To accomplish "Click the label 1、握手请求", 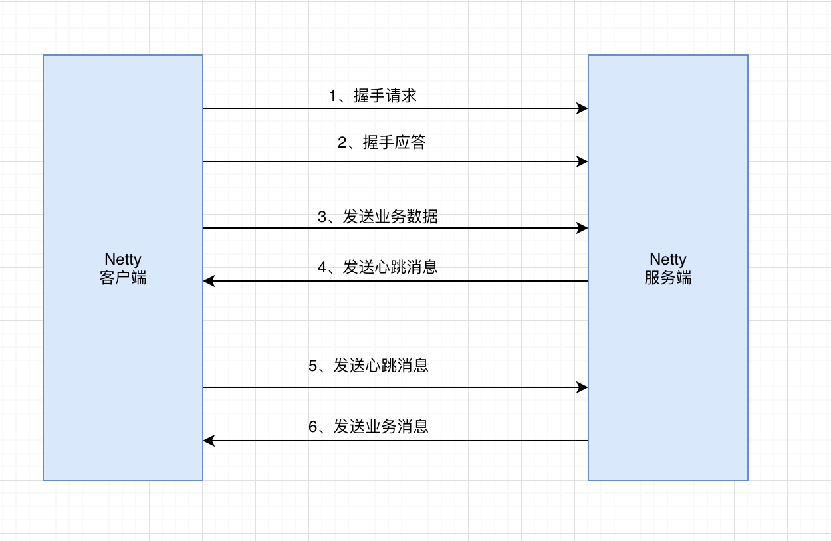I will (x=372, y=96).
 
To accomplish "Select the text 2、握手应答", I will (x=381, y=142).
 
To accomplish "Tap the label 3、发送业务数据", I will (x=378, y=217).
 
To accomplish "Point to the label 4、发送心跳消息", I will (x=378, y=267).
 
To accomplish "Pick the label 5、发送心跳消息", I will (x=368, y=366).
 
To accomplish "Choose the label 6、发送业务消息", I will (x=368, y=427).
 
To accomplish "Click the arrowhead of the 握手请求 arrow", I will (x=582, y=108).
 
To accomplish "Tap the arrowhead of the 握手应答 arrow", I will (x=582, y=162).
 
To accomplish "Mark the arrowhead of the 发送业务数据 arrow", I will (x=582, y=228).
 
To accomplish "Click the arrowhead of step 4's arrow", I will (x=209, y=281).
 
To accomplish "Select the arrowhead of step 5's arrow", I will (x=582, y=387).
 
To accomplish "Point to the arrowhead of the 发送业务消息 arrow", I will (x=209, y=441).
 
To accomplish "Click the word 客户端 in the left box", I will (x=123, y=278).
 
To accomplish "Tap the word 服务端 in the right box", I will (x=667, y=278).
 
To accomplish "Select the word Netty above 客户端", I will (x=123, y=259).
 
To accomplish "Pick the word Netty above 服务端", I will (x=667, y=259).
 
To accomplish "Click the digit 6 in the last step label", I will (x=313, y=427).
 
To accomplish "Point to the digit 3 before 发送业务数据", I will (x=322, y=217).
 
